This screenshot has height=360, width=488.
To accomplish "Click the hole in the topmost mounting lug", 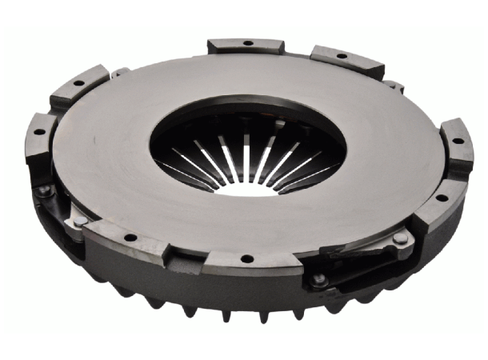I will click(246, 43).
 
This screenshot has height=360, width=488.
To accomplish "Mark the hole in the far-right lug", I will click(458, 141).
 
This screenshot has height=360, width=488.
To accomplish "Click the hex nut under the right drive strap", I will click(320, 280).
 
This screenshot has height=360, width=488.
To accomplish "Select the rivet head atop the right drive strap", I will click(399, 238).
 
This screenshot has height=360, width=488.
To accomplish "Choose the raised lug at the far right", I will click(456, 148).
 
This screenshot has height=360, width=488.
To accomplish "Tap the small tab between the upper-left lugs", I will click(120, 72).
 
